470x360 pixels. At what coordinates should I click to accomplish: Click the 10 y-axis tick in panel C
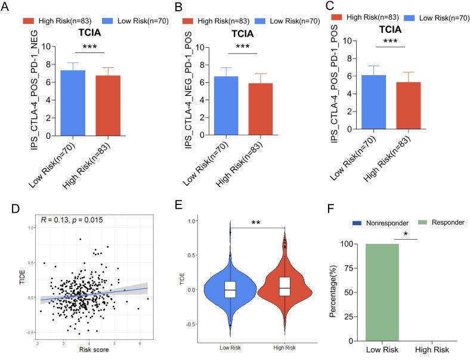pyautogui.click(x=354, y=41)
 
